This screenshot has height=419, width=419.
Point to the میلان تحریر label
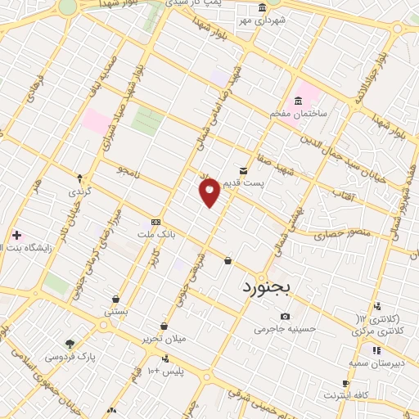pyautogui.click(x=164, y=338)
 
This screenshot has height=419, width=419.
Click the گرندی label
pyautogui.click(x=77, y=191)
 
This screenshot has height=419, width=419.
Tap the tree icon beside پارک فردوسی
pyautogui.click(x=70, y=344)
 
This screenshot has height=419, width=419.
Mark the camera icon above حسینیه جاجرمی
pyautogui.click(x=285, y=316)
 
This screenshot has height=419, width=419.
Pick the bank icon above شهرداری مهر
pyautogui.click(x=261, y=7)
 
